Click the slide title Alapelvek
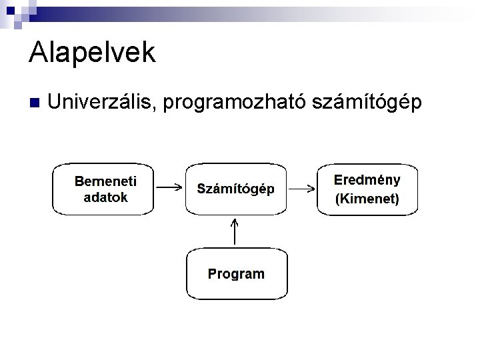tap(92, 52)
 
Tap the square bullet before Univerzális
tap(35, 103)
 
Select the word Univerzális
tap(101, 103)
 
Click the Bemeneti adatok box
tap(104, 189)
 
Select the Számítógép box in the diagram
tap(235, 189)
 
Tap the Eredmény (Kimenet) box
tap(367, 189)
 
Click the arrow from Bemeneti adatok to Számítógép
tap(170, 187)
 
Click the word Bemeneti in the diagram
tap(105, 181)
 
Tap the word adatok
tap(105, 197)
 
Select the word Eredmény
tap(367, 180)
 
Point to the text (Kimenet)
tap(367, 198)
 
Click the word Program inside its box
tap(236, 273)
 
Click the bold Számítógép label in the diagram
tap(235, 189)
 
